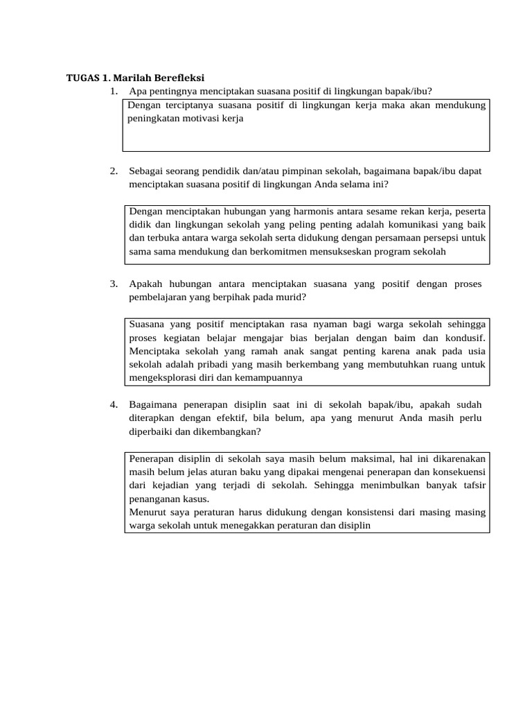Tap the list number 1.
(114, 92)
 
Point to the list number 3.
(114, 284)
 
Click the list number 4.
(114, 404)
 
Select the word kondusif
(463, 338)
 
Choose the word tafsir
(472, 486)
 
